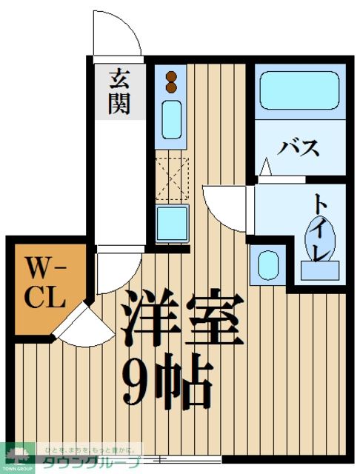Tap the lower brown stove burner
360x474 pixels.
171,87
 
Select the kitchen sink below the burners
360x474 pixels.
171,118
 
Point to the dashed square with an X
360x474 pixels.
172,178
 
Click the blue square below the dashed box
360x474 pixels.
172,223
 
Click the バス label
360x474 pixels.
299,147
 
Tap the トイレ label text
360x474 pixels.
320,226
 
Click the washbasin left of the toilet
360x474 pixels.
266,264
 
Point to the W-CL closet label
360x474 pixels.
47,282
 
